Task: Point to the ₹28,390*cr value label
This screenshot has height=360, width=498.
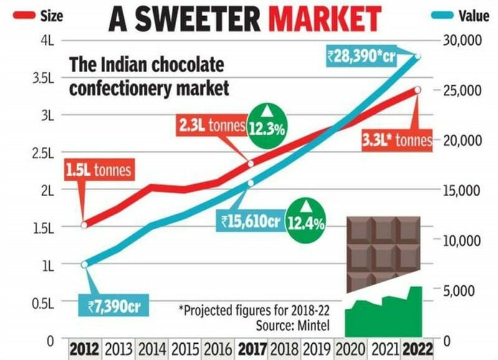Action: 362,57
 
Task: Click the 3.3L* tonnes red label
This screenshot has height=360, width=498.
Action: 397,141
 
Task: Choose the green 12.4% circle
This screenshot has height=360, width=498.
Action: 306,220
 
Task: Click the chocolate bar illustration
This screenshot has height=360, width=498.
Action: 383,249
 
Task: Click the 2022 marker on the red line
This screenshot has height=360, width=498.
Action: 418,90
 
